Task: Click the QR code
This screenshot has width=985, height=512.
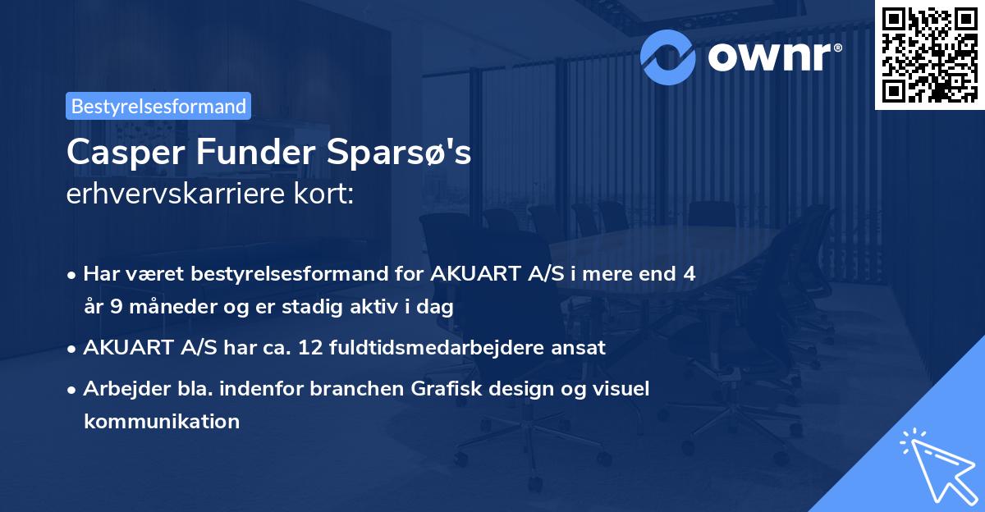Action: click(x=929, y=54)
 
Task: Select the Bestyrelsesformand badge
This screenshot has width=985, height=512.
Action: click(x=158, y=106)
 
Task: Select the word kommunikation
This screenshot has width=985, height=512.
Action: click(x=162, y=422)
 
